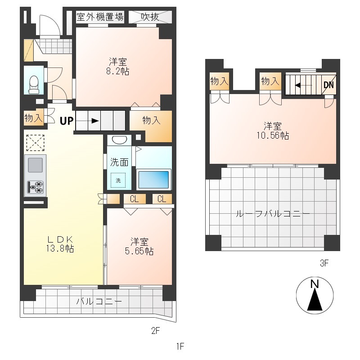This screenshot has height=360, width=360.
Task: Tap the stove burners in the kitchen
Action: (36, 187)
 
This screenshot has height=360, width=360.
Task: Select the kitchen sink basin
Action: (35, 165)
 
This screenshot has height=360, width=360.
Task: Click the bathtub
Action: (153, 179)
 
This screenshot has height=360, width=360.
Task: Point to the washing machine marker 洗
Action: (118, 180)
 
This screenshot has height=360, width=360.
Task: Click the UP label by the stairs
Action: (67, 121)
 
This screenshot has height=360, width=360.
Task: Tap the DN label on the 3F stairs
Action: (328, 85)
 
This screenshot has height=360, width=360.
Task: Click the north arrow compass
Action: (315, 295)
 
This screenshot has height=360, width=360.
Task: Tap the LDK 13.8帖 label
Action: (60, 244)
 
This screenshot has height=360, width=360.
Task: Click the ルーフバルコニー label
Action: (273, 214)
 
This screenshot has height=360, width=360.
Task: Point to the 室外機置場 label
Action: (100, 17)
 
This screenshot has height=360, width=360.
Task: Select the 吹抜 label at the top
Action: (150, 17)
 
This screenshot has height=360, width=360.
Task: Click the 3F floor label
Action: (324, 263)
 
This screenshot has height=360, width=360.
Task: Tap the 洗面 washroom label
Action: (119, 162)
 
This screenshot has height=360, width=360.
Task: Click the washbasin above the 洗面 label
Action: (119, 140)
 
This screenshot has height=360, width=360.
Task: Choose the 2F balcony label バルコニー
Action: (99, 301)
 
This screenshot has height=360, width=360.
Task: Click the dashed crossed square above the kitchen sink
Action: (35, 143)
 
